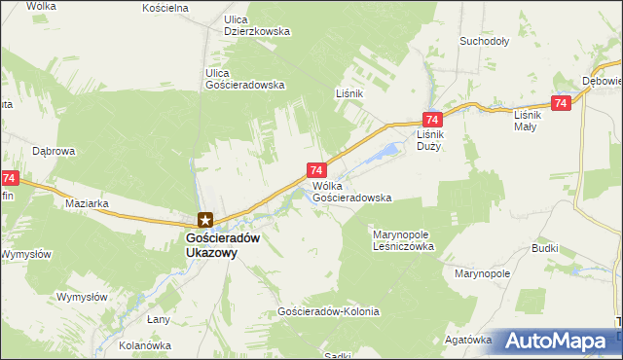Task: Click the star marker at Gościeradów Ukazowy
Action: tap(204, 220)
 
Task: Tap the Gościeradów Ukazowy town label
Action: tap(211, 243)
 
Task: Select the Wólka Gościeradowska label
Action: tap(351, 191)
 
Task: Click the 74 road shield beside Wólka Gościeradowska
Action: tap(316, 170)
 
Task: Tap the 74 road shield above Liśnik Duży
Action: tap(430, 117)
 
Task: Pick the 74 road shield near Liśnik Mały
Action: tap(560, 103)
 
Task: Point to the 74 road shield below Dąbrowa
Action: tap(10, 178)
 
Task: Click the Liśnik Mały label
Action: tap(532, 120)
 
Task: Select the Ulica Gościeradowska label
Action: tap(245, 79)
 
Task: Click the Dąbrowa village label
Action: tap(55, 152)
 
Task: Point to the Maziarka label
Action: tap(87, 204)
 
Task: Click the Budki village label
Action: tap(545, 248)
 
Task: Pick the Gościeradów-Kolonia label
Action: tap(328, 312)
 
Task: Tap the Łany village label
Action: tap(159, 319)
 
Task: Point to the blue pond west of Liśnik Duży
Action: tap(388, 152)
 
